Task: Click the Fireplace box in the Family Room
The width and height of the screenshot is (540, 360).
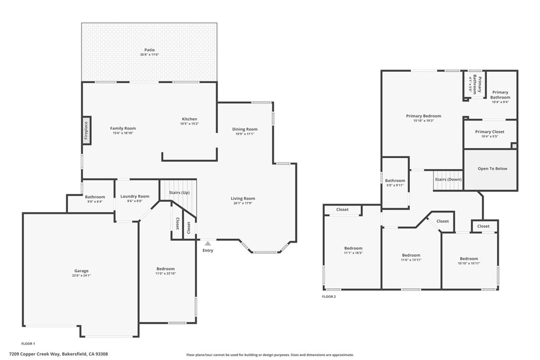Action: (86, 131)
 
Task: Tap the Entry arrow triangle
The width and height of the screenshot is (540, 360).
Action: (208, 244)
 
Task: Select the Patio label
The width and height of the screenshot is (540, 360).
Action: (149, 50)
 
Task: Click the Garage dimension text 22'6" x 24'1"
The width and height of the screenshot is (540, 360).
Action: (82, 275)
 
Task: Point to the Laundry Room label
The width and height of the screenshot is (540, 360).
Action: (134, 196)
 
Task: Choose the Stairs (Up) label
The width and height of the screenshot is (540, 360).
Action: (179, 193)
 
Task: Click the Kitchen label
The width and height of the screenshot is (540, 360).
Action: (189, 119)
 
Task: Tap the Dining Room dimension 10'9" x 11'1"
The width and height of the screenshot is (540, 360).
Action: (245, 134)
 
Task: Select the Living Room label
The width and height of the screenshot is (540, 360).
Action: (243, 198)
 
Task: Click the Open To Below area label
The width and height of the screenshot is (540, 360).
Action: (493, 169)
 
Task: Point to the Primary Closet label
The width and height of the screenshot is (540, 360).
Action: (490, 132)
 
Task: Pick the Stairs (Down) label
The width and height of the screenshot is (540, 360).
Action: (448, 179)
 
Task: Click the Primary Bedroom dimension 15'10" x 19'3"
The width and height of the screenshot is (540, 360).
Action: (423, 121)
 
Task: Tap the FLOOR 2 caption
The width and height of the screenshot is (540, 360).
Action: (329, 297)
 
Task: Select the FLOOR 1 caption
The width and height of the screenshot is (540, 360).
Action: (28, 344)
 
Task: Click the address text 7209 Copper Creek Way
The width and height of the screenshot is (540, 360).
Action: (35, 354)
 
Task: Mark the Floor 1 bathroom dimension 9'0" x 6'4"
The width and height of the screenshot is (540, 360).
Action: (95, 202)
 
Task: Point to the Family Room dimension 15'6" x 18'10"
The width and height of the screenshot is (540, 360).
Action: (123, 133)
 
